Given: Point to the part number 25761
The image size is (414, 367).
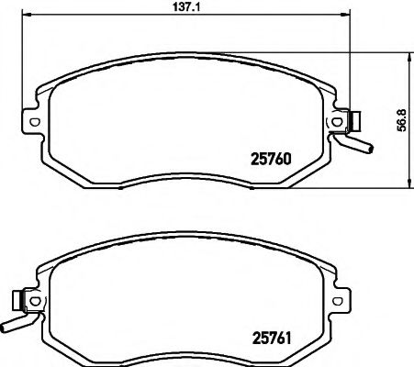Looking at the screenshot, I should (271, 339).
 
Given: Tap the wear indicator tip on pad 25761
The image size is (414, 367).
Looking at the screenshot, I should (7, 324).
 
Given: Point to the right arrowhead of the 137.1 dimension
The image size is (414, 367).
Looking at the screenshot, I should (350, 16).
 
